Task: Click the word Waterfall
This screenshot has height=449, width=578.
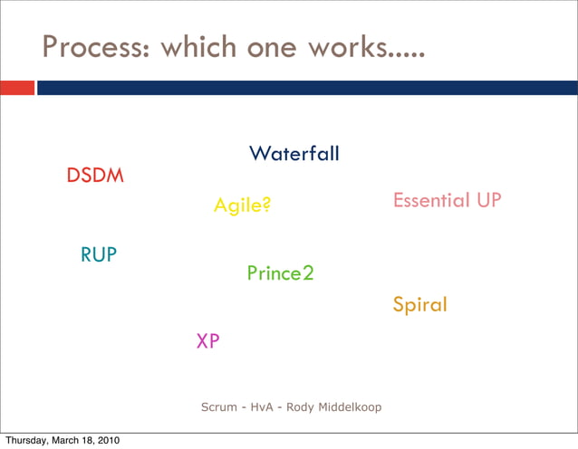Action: pyautogui.click(x=294, y=154)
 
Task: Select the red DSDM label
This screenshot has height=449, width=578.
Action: pyautogui.click(x=95, y=176)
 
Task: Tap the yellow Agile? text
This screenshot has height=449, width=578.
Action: pyautogui.click(x=242, y=206)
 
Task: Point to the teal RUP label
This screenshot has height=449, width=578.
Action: pyautogui.click(x=99, y=255)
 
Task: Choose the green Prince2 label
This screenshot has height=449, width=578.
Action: pyautogui.click(x=280, y=272)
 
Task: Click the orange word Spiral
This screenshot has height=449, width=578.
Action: pyautogui.click(x=419, y=305)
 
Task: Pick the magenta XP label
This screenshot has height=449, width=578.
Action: pyautogui.click(x=207, y=341)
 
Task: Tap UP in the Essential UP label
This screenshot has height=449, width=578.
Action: pyautogui.click(x=488, y=200)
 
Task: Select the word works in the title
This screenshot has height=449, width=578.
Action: pyautogui.click(x=349, y=48)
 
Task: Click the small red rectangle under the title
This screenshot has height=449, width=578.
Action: pyautogui.click(x=17, y=88)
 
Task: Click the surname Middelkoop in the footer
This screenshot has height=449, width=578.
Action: pyautogui.click(x=350, y=407)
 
